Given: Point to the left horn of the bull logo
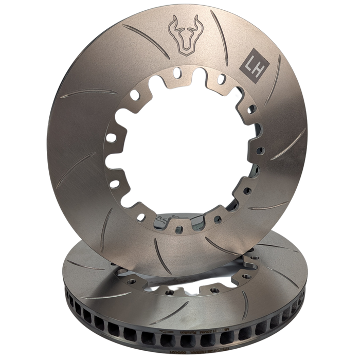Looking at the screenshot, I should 173,23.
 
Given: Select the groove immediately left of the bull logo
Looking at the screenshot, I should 146,39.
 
